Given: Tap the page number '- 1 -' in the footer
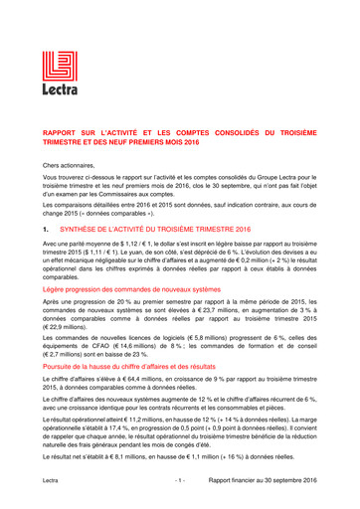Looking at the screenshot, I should [179, 480].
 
